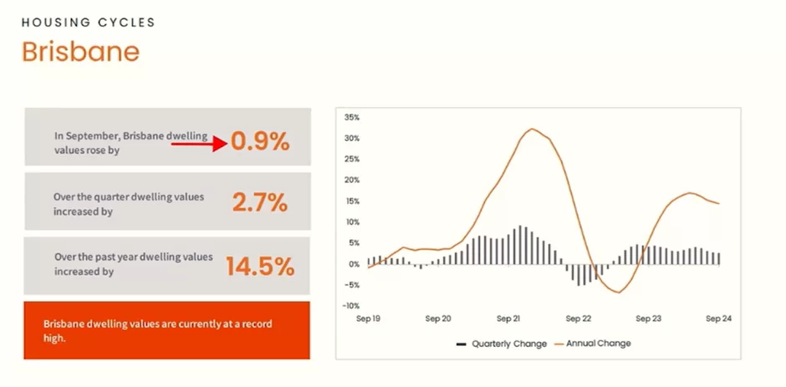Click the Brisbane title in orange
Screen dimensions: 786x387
[81, 51]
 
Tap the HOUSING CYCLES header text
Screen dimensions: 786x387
[89, 23]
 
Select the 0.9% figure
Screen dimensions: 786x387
[260, 142]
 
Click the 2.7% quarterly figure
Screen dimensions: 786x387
[260, 203]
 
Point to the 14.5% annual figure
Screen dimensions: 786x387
[260, 266]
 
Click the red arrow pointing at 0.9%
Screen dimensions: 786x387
[200, 144]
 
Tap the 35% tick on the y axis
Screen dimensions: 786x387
[352, 117]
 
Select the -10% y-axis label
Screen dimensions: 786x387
[350, 306]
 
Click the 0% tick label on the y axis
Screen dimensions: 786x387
[354, 263]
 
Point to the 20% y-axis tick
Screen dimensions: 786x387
[352, 180]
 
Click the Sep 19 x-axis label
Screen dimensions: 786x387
[369, 318]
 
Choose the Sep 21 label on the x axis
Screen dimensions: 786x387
[508, 318]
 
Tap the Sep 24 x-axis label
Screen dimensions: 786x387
[719, 318]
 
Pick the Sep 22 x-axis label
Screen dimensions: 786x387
[579, 318]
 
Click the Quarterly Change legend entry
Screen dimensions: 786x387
[501, 344]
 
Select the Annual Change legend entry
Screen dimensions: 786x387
[592, 344]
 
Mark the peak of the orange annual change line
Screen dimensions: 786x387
[532, 129]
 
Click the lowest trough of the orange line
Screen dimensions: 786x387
[619, 293]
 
